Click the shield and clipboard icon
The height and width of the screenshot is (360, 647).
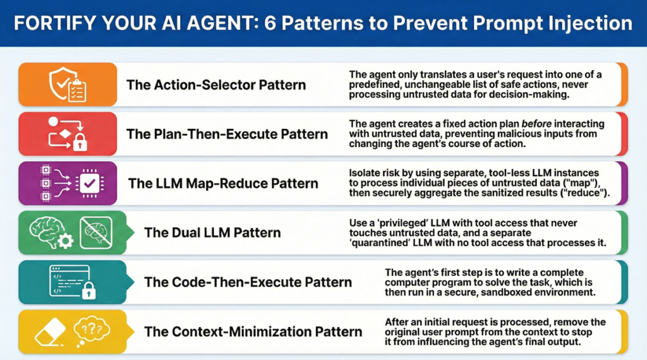click(67, 84)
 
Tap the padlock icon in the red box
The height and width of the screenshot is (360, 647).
click(80, 142)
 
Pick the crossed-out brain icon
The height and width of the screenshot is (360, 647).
click(95, 232)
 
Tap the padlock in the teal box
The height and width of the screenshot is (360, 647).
click(88, 290)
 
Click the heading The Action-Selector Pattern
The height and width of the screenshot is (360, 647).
click(216, 85)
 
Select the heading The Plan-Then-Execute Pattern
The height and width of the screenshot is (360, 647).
click(227, 134)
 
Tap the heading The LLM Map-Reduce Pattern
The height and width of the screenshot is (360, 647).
click(223, 183)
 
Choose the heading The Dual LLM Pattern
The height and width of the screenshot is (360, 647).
click(212, 232)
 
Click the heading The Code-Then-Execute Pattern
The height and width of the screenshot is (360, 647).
click(248, 282)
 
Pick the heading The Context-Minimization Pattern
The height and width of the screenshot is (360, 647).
click(253, 331)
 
